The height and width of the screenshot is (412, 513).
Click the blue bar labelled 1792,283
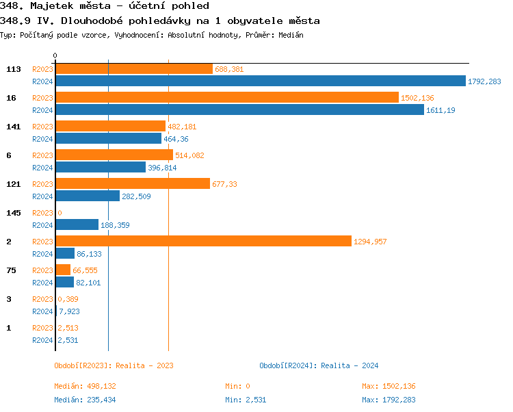click(x=260, y=81)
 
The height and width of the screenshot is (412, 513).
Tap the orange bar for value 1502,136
click(x=226, y=98)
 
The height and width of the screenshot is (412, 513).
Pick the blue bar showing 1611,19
click(x=239, y=110)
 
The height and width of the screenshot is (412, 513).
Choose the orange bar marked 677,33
click(x=133, y=184)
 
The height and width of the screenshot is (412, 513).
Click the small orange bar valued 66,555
click(x=63, y=270)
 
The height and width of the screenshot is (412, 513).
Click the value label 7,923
click(x=70, y=311)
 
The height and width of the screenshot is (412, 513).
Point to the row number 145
click(x=14, y=213)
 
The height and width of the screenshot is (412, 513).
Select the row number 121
click(x=14, y=184)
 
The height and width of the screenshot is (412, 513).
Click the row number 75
click(x=11, y=270)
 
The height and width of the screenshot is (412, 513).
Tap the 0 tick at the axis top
click(x=55, y=55)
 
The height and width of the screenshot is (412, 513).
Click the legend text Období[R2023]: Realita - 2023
click(x=114, y=365)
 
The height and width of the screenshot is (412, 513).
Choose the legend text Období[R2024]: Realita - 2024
click(x=319, y=365)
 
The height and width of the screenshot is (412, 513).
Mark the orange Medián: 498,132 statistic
click(x=85, y=386)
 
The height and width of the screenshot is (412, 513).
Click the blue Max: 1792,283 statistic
click(x=389, y=400)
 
